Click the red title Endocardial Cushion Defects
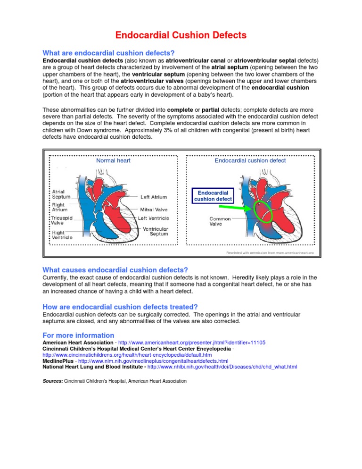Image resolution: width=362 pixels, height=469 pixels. coord(181,35)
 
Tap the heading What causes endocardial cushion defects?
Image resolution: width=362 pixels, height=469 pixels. coord(115,270)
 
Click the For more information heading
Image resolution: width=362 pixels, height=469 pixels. coord(78,335)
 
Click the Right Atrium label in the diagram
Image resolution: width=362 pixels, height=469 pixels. coord(59,207)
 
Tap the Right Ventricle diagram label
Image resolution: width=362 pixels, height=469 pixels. coord(62,234)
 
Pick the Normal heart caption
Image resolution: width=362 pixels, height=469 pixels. coord(113,161)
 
